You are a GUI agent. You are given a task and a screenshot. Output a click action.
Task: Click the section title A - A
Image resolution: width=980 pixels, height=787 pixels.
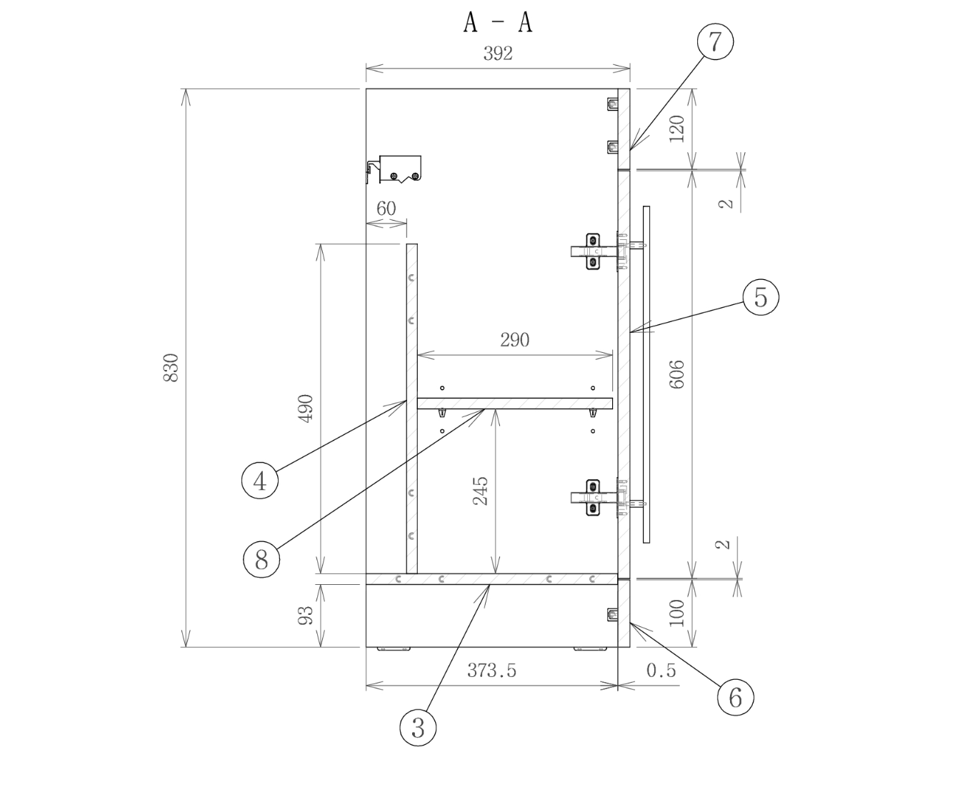pos(497,22)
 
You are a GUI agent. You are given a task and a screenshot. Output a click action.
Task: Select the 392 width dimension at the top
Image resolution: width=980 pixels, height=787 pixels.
pos(498,54)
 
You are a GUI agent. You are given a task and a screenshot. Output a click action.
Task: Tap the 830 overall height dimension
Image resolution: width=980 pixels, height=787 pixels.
pos(171,368)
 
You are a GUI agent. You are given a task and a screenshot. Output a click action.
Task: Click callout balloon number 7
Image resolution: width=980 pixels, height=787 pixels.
pos(715,41)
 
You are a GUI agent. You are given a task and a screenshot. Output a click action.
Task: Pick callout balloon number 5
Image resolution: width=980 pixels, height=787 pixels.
pos(760,296)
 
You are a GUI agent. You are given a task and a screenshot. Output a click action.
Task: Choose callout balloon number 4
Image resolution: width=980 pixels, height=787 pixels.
pos(260,480)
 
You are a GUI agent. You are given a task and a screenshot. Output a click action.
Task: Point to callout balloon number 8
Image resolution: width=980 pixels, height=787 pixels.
pos(261,558)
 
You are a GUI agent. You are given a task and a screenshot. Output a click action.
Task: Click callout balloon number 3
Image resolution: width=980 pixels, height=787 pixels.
pos(418,728)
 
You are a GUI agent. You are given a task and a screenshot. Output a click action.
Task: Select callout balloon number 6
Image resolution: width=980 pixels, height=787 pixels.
pos(735,696)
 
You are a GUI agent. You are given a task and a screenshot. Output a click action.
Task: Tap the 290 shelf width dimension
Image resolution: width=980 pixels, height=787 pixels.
pos(514,340)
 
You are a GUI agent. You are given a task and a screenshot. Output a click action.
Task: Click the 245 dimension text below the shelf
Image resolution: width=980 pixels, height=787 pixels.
pos(481,491)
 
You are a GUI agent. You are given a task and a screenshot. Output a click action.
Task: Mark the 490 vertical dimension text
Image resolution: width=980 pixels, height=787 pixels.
pos(306,408)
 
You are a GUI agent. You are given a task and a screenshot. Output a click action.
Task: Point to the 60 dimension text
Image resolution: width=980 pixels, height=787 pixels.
pos(386,209)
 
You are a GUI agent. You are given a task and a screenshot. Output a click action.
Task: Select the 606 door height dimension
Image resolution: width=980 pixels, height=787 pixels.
pos(677,374)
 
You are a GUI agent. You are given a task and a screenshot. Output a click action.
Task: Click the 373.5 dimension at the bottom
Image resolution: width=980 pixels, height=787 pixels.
pos(491,671)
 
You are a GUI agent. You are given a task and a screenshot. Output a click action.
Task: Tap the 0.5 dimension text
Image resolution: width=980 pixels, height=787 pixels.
pos(661,671)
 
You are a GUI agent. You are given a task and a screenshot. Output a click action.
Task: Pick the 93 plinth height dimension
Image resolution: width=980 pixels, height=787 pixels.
pos(306,615)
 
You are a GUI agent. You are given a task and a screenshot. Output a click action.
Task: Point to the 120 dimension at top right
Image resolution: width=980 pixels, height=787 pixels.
pos(677,129)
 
